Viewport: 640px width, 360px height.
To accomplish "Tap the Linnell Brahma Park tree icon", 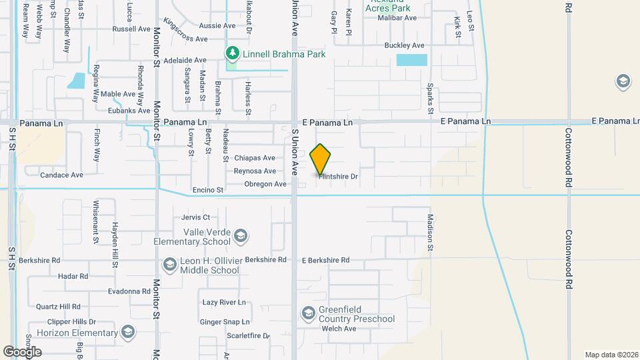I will coord(232,53).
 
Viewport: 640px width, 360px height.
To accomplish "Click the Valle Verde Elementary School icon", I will coord(241,235).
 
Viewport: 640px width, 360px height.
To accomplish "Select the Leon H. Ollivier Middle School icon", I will coord(169,265).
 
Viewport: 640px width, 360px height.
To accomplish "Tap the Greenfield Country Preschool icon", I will coord(308,313).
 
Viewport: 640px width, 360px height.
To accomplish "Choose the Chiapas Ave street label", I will coord(255,158).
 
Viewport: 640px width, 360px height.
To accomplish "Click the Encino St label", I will coord(207,190).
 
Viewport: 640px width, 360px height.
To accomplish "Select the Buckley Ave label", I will coord(404,45).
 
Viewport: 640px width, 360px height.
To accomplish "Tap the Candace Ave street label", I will coord(61,175).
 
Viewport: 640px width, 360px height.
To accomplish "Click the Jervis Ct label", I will coord(195,217).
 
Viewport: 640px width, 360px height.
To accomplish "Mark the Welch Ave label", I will coord(339,329).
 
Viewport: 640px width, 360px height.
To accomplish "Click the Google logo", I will coord(21,351).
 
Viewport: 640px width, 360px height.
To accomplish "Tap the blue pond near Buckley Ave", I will coord(411,60).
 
